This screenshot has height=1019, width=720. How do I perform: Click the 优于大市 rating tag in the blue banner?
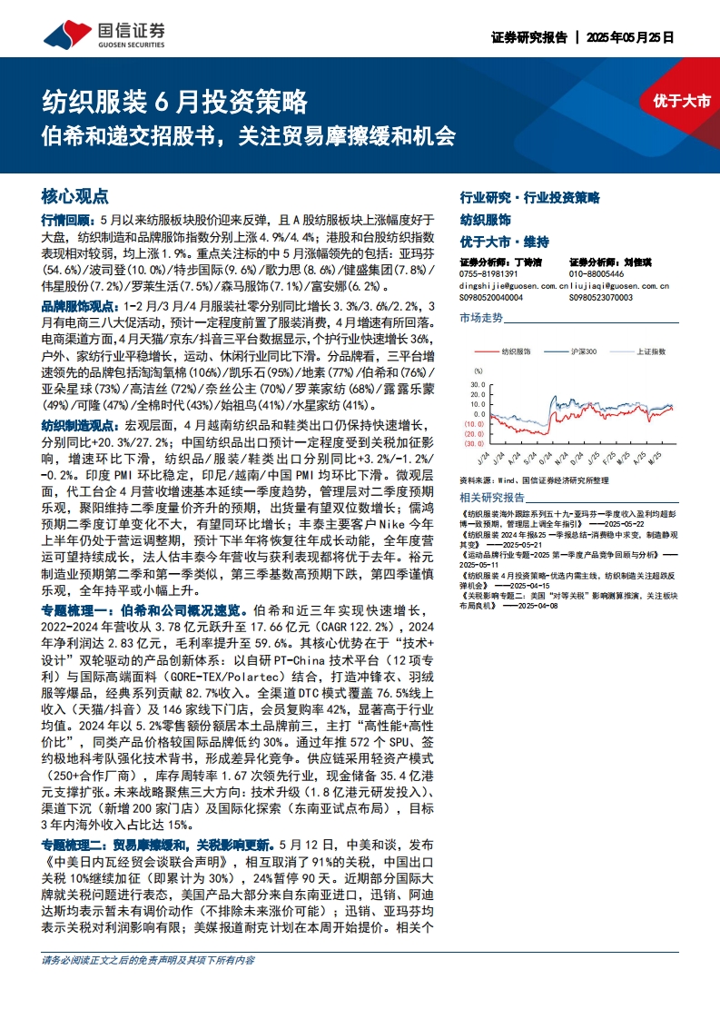click(681, 102)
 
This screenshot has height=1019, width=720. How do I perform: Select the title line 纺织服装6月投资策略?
click(176, 101)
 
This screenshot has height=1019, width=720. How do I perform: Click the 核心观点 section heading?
click(75, 196)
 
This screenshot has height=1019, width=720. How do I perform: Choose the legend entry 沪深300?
click(582, 350)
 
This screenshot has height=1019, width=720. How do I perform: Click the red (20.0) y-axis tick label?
click(475, 433)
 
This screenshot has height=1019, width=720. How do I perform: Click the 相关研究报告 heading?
click(492, 498)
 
